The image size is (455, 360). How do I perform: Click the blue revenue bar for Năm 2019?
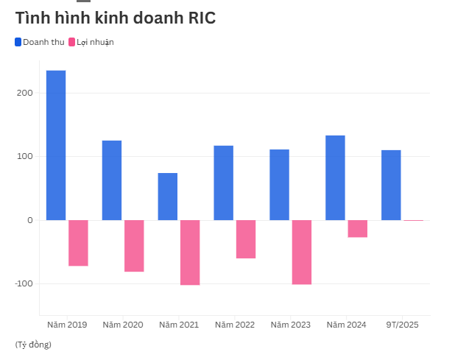[x=56, y=145]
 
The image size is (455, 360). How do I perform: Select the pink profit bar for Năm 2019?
[x=78, y=243]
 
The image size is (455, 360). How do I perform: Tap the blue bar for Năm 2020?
[x=112, y=180]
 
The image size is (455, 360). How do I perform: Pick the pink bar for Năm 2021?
[x=190, y=253]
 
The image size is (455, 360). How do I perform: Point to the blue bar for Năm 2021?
[x=168, y=197]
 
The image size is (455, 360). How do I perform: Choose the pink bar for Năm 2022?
[x=246, y=239]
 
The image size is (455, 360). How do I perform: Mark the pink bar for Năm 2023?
[x=302, y=252]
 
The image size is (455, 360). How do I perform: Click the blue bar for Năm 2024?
[x=335, y=177]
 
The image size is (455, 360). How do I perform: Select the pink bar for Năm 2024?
[x=358, y=228]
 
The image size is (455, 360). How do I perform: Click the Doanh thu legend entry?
[x=40, y=42]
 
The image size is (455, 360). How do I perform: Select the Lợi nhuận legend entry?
[x=91, y=42]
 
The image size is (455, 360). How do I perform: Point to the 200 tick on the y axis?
[x=26, y=93]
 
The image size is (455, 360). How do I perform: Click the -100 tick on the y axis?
[x=24, y=283]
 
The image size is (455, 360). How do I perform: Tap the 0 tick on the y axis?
[x=30, y=220]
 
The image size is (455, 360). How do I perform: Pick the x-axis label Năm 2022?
[x=234, y=325]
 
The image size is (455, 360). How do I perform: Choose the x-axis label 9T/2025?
[x=402, y=325]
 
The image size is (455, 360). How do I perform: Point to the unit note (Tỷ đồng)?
[x=33, y=345]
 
